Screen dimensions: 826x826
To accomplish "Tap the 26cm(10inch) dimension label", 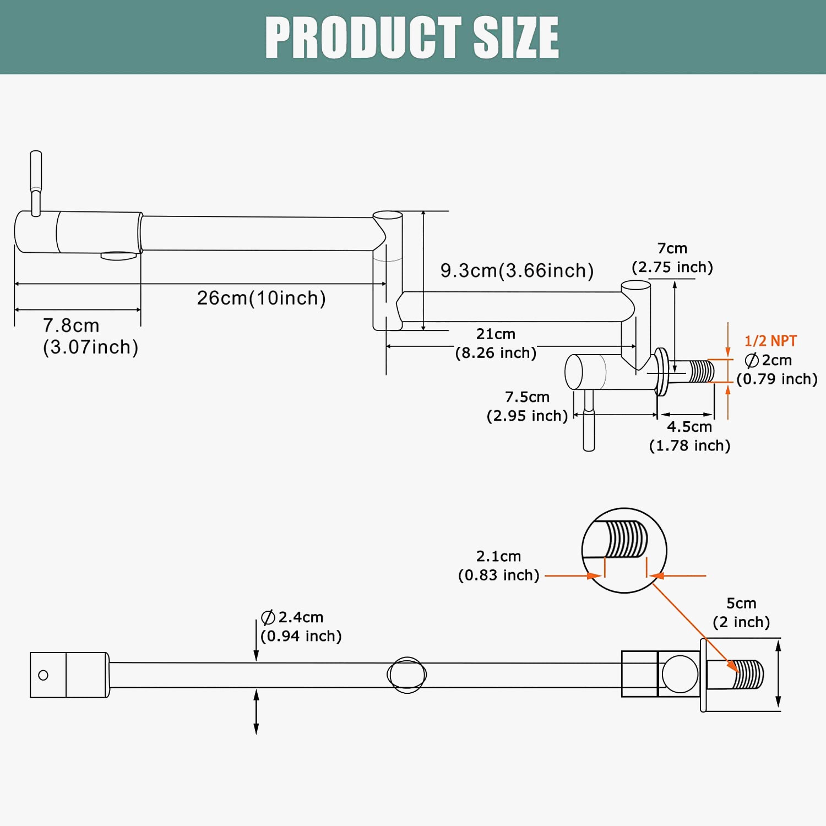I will pos(262,298).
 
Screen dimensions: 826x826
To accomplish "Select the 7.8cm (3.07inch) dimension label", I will pos(90,336).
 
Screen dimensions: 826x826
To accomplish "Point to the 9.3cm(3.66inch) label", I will pos(517,270).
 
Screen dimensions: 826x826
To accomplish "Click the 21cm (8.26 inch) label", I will pos(496,343).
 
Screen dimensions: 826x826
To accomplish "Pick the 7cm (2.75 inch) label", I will pos(672,258).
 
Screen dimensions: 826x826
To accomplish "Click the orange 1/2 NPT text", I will pos(770,341).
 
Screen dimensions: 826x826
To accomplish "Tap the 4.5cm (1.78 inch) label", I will pos(689,436).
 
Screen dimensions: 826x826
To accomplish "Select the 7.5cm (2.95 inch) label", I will pos(527,406).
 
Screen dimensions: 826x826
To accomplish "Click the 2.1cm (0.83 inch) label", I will pos(498,566).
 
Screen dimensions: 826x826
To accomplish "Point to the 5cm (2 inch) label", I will pos(741,612).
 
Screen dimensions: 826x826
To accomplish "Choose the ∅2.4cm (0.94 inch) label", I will pos(301,627).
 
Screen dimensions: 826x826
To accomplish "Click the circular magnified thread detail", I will pos(624,550).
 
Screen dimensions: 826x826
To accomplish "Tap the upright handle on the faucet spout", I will pos(36,182).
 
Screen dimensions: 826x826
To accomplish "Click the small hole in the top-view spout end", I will pos(43,675).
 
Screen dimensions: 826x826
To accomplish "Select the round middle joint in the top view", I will pos(407,675).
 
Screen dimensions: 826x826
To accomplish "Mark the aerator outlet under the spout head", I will pos(118,256).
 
